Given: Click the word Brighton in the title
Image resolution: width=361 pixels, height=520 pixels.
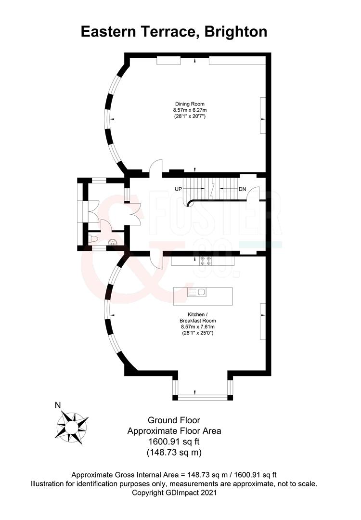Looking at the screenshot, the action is point(236,32).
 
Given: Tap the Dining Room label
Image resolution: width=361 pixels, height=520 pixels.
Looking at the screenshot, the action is point(190,104).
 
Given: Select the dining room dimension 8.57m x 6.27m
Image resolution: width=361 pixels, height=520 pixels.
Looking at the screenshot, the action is point(190,110).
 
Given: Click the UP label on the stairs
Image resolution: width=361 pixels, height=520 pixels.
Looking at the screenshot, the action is point(179,189).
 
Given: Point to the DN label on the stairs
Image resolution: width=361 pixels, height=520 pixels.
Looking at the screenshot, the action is point(242,189).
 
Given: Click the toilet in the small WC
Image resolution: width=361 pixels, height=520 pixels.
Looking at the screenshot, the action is point(93,238).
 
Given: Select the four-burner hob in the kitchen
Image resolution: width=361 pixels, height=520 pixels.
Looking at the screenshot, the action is point(206,260).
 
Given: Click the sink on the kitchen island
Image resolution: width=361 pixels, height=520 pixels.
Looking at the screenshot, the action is point(197,292).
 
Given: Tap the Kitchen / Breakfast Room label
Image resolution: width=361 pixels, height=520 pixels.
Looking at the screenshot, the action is point(197,317).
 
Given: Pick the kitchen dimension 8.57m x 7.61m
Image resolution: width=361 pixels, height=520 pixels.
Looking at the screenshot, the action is point(197,326).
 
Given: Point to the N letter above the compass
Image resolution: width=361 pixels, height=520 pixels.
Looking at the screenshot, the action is point(58,405).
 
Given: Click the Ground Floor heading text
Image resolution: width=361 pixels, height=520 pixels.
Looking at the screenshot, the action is point(174,420).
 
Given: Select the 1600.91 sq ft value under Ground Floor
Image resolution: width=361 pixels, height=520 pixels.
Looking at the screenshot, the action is point(174,442).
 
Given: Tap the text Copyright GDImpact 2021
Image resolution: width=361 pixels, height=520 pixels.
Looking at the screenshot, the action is point(174,493).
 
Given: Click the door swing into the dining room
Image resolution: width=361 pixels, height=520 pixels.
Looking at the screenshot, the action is point(155,168).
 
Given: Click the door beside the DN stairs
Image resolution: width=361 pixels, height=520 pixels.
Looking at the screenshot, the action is point(253,194).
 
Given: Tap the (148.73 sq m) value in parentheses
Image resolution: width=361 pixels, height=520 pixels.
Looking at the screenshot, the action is point(174,452).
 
